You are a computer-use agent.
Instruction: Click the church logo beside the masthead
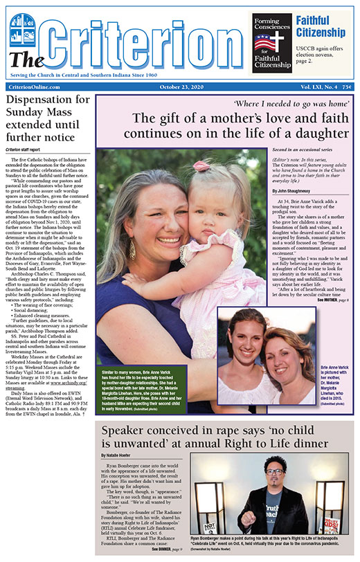point(24,28)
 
